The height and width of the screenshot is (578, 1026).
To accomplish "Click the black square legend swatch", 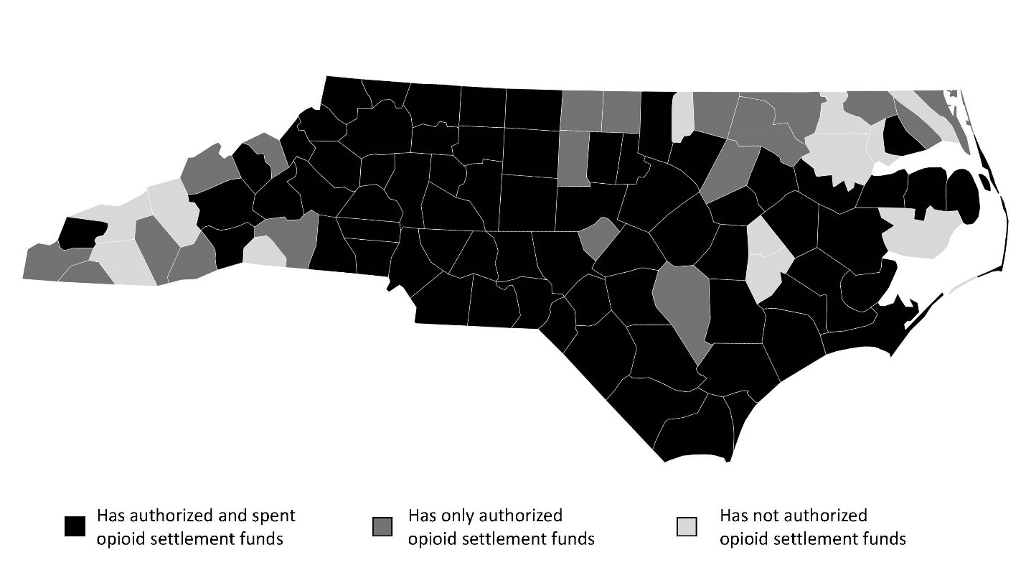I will [75, 526].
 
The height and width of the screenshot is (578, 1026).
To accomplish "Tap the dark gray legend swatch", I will [382, 526].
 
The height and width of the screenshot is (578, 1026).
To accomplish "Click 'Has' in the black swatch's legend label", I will [112, 516].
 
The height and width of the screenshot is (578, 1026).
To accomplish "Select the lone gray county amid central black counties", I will [599, 238].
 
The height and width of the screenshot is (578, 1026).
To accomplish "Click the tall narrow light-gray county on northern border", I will [683, 117].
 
